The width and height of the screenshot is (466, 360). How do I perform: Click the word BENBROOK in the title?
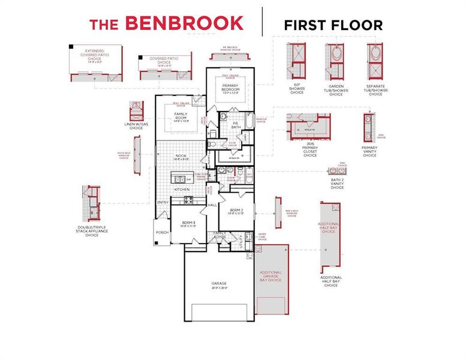point(184,24)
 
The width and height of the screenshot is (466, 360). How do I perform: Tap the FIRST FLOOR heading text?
point(333,25)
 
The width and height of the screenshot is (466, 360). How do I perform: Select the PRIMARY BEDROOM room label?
point(227,88)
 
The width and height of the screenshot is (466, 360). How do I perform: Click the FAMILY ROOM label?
point(181,115)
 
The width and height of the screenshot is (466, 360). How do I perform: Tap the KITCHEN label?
point(182,189)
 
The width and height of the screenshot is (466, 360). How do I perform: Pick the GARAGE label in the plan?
point(218,284)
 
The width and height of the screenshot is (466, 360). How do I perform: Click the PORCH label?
point(162,232)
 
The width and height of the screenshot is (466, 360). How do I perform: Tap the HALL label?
point(212,205)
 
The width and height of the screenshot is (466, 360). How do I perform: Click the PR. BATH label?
point(236,125)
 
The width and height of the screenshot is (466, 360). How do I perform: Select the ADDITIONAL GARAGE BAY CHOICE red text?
point(270,276)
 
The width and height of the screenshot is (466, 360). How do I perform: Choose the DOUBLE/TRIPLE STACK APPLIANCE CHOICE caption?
point(92,231)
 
